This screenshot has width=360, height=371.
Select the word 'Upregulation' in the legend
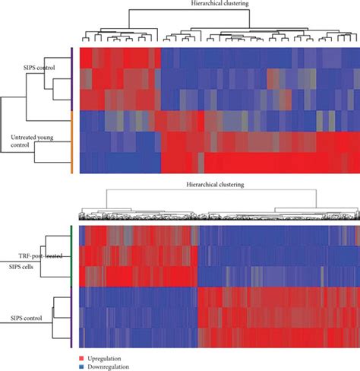pos(104,356)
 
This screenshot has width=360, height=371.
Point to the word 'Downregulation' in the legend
pos(108,365)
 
